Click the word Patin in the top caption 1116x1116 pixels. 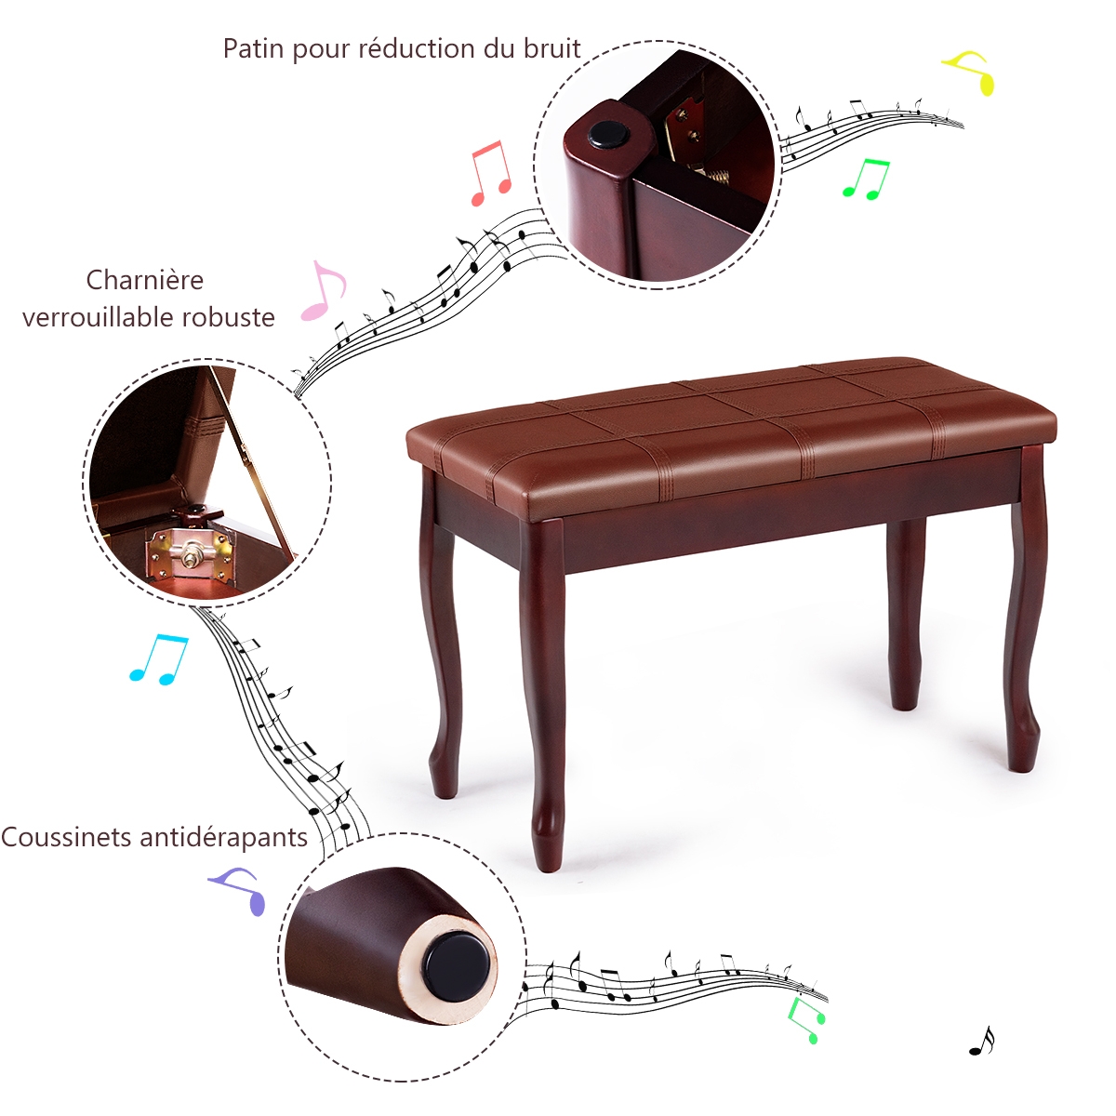tap(254, 49)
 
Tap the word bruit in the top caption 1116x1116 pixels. tap(552, 48)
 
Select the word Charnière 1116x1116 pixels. tap(145, 280)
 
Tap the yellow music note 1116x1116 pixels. tap(969, 73)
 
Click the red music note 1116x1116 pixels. tap(491, 173)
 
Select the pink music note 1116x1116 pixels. tap(323, 291)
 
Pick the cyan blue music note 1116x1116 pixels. tap(159, 660)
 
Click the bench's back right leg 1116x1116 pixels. tap(906, 613)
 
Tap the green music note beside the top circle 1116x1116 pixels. tap(865, 179)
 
